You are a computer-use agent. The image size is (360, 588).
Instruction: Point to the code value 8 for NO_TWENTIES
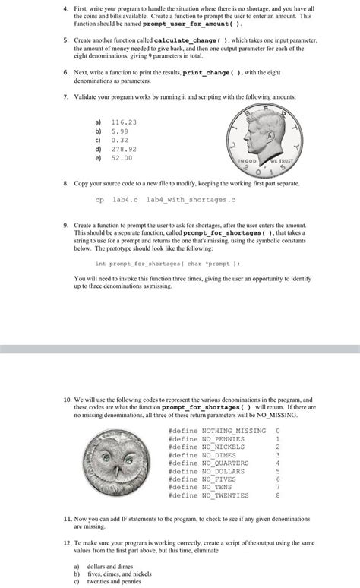(278, 495)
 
